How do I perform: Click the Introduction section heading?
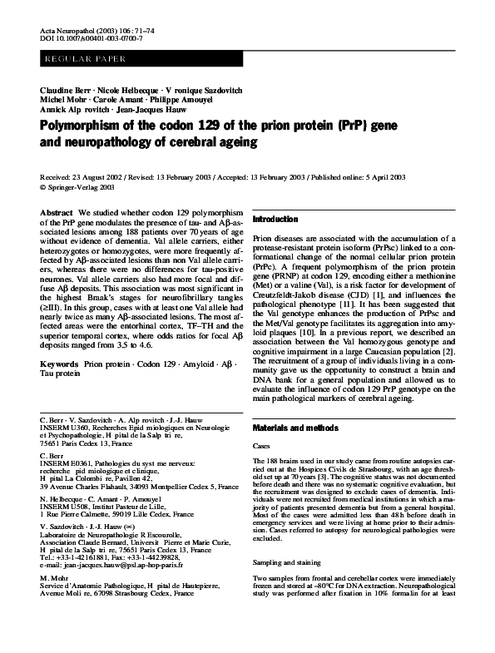click(x=280, y=218)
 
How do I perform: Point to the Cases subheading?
click(x=261, y=446)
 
